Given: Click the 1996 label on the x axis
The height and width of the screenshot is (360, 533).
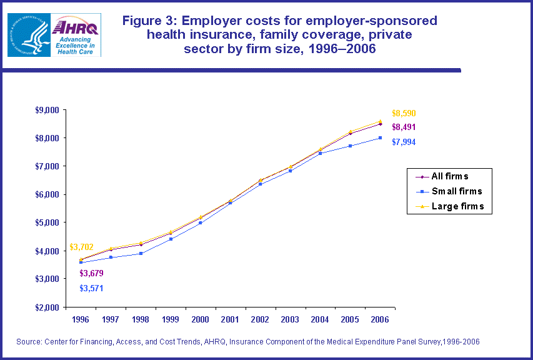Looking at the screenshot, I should point(81,319).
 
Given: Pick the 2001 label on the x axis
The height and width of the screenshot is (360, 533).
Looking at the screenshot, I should point(230,319).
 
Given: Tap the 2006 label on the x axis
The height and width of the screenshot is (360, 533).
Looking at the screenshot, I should point(379,319).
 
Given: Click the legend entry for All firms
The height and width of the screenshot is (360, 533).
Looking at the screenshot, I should point(449,176).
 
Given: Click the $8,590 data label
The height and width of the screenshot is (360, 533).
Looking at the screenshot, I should point(404,114).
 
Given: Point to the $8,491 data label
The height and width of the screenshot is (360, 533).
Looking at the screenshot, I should point(404,127).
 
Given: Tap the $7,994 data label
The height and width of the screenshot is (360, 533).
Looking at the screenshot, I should point(404,142).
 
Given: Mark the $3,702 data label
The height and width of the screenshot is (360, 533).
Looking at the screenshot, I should point(81,247).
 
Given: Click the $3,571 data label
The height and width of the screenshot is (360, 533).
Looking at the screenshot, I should point(91,288).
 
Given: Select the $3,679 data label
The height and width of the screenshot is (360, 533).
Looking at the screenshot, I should point(91,273).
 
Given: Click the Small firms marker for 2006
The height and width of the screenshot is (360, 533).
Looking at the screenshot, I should point(379,137).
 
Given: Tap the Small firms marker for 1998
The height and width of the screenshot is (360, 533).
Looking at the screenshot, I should point(141,253).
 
